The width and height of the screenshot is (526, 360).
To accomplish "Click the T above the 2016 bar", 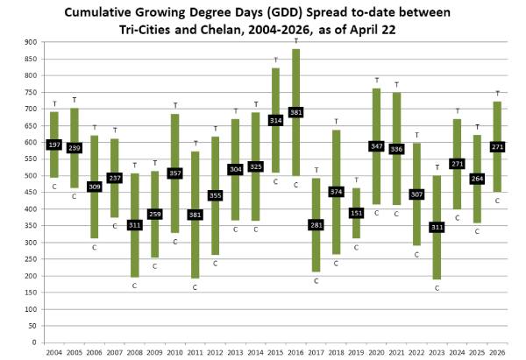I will pos(296,41).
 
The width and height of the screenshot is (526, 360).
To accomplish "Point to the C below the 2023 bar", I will pos(437,286).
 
